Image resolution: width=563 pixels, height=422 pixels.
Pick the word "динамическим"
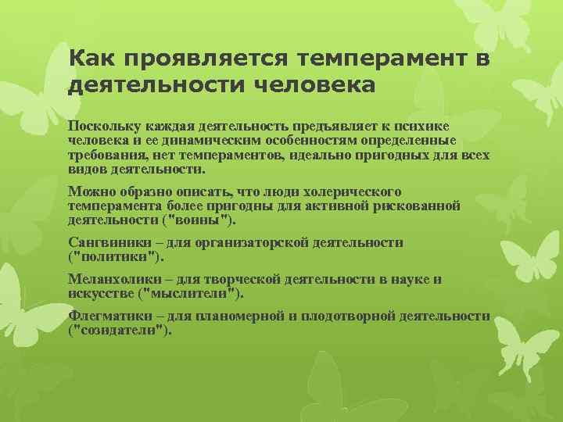[x=192, y=140]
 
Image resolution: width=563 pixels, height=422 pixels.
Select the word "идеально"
[x=325, y=155]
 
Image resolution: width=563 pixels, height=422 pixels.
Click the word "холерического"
[x=356, y=191]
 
